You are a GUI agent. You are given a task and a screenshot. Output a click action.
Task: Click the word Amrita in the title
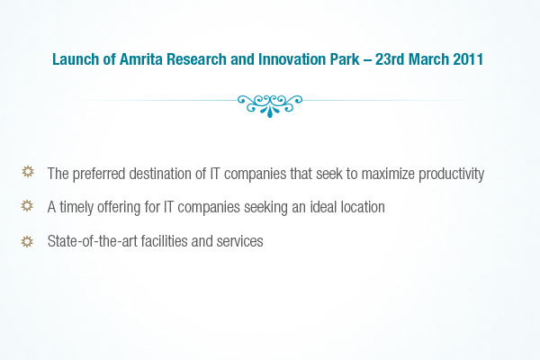pos(141,59)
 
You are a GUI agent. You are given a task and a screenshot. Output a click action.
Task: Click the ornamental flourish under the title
pos(270,106)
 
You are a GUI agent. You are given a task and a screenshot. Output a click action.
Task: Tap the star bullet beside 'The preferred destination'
pos(28,172)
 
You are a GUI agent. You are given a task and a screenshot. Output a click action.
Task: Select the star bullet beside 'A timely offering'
pos(27,206)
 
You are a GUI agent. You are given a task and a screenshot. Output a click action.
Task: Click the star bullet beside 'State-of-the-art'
pos(27,241)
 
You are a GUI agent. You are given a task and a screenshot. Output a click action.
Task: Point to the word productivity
pos(452,175)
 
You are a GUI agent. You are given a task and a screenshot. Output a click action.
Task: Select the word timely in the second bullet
pos(76,208)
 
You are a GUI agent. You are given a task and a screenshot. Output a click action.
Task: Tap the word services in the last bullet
pos(239,241)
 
